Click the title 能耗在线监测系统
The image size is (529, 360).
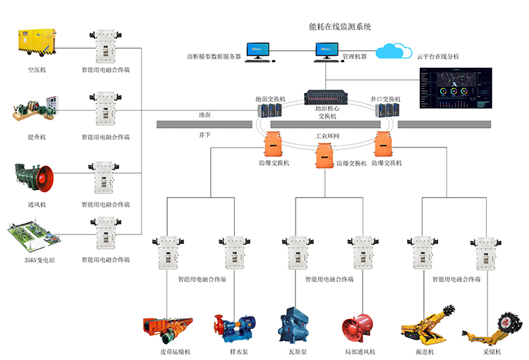tap(340, 26)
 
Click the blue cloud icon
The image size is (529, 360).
tap(394, 51)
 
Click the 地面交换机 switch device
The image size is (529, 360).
tap(269, 110)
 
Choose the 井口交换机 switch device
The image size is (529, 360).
tap(385, 110)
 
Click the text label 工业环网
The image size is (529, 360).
tap(327, 135)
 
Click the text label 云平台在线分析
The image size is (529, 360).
tap(437, 56)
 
